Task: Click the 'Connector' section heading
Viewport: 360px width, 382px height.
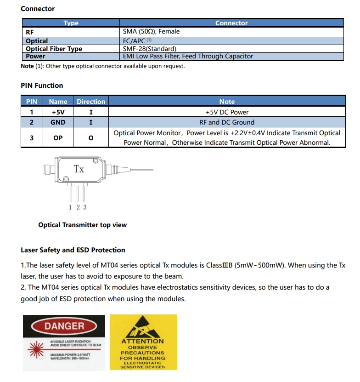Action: [x=38, y=9]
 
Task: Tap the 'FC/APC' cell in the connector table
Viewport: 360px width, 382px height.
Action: [x=137, y=41]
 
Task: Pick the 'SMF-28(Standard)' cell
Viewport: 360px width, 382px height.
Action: [x=150, y=49]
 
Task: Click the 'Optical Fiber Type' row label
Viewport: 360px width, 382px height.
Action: [x=54, y=49]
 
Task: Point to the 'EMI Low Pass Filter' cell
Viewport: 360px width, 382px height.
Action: [x=188, y=56]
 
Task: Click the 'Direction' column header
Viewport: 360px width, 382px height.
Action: [x=91, y=102]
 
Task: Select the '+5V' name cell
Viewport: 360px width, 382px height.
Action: [x=58, y=112]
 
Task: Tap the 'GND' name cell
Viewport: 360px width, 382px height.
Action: [x=58, y=122]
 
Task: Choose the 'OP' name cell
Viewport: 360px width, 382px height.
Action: [x=58, y=137]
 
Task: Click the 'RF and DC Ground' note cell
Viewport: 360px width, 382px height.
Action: [x=227, y=122]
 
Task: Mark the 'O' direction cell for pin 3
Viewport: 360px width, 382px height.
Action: [x=91, y=137]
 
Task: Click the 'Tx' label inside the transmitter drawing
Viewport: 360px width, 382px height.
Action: [x=79, y=169]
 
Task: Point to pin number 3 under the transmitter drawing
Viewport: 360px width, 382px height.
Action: [x=85, y=207]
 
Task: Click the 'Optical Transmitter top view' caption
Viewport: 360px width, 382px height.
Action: [x=83, y=225]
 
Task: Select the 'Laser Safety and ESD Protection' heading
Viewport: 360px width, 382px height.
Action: [x=73, y=250]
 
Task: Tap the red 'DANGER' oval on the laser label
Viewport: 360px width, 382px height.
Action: [x=64, y=326]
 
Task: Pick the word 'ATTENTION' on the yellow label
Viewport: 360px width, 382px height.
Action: [x=142, y=341]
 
